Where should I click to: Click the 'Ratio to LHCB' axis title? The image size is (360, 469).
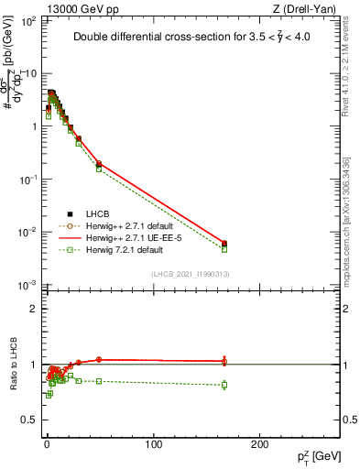click(13, 365)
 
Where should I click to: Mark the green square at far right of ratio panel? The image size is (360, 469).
click(224, 385)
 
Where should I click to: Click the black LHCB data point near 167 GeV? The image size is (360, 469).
click(224, 243)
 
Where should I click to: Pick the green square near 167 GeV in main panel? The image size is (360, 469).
click(224, 249)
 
